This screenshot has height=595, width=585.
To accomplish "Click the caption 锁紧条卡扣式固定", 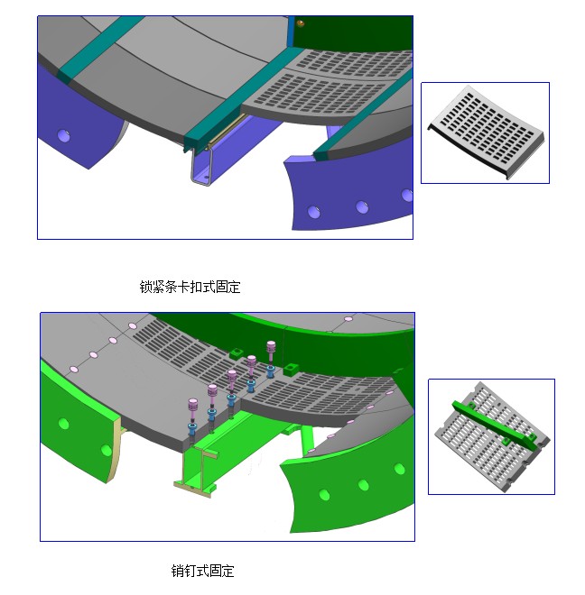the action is coord(190,287).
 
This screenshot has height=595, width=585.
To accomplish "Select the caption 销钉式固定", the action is coord(202,571).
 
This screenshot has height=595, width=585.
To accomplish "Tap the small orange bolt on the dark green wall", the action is coord(300,24).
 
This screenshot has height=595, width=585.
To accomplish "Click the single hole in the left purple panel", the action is coord(63,135).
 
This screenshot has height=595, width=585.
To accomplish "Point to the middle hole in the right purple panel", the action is coord(362,206).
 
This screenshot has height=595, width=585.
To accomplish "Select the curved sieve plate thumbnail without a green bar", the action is coord(487,132).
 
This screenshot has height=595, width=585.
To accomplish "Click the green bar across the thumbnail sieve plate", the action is coord(494,425).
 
